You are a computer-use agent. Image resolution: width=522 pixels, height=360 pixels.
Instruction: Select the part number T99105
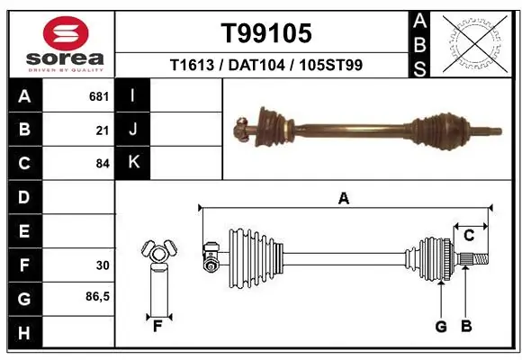(x=266, y=34)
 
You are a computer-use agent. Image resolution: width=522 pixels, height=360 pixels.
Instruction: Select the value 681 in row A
(x=99, y=96)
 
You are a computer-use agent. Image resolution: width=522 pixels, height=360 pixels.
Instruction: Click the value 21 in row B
(x=103, y=130)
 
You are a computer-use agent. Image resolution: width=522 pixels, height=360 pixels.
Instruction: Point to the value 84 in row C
(x=103, y=163)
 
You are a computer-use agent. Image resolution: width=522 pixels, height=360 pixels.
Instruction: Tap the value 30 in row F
(x=103, y=265)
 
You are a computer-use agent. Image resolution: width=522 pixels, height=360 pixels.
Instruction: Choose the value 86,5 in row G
(x=98, y=298)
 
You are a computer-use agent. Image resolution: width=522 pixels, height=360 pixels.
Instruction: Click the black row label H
(x=24, y=332)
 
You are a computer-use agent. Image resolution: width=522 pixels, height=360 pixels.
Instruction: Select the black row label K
(x=133, y=163)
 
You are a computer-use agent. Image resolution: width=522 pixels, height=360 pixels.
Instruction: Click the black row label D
(x=24, y=197)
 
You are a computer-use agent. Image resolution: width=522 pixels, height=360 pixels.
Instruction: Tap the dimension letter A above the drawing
(x=343, y=199)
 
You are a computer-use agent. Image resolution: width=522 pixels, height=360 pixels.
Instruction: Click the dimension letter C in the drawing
(x=469, y=236)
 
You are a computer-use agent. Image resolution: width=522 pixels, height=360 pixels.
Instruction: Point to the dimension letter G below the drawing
(x=441, y=327)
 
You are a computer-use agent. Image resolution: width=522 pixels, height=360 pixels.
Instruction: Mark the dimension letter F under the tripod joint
(x=157, y=327)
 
